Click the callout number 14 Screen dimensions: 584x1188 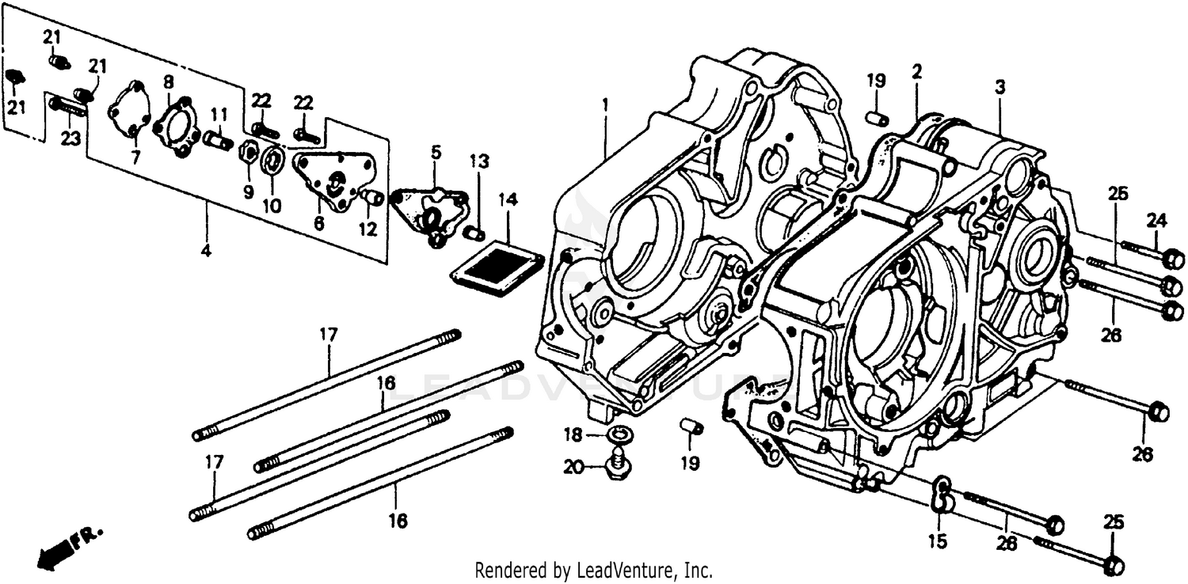click(x=507, y=201)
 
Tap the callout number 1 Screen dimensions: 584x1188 click(x=604, y=104)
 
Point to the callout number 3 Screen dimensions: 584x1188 click(x=1000, y=88)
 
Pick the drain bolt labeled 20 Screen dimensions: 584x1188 click(x=616, y=467)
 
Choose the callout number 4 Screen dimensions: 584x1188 click(x=206, y=252)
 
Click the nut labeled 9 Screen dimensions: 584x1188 click(x=246, y=150)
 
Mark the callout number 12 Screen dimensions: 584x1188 click(x=367, y=230)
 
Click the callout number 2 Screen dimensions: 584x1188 click(x=916, y=71)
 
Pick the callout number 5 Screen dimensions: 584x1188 click(x=435, y=151)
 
